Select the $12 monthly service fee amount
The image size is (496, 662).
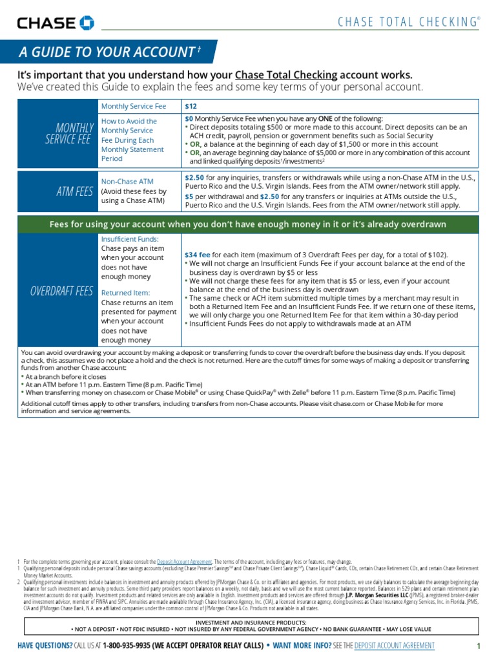pyautogui.click(x=191, y=105)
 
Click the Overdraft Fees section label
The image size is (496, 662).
pyautogui.click(x=62, y=291)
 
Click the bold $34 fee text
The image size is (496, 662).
pyautogui.click(x=197, y=255)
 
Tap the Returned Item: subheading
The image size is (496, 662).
pyautogui.click(x=126, y=293)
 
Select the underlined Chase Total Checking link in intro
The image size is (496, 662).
pyautogui.click(x=281, y=75)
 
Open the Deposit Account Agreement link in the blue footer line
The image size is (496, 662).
pyautogui.click(x=395, y=646)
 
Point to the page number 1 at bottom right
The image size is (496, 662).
pyautogui.click(x=479, y=646)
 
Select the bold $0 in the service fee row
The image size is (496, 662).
pyautogui.click(x=189, y=118)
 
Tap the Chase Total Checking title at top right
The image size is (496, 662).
pyautogui.click(x=409, y=22)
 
